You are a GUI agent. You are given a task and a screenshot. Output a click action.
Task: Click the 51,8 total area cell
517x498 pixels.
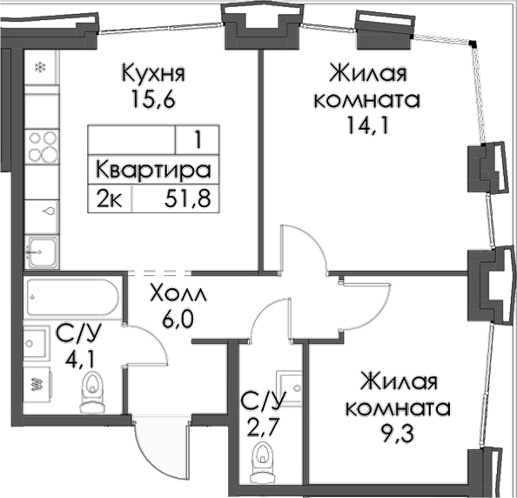coord(188,199)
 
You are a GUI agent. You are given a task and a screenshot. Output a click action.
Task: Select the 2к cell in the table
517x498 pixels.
coord(111,199)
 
